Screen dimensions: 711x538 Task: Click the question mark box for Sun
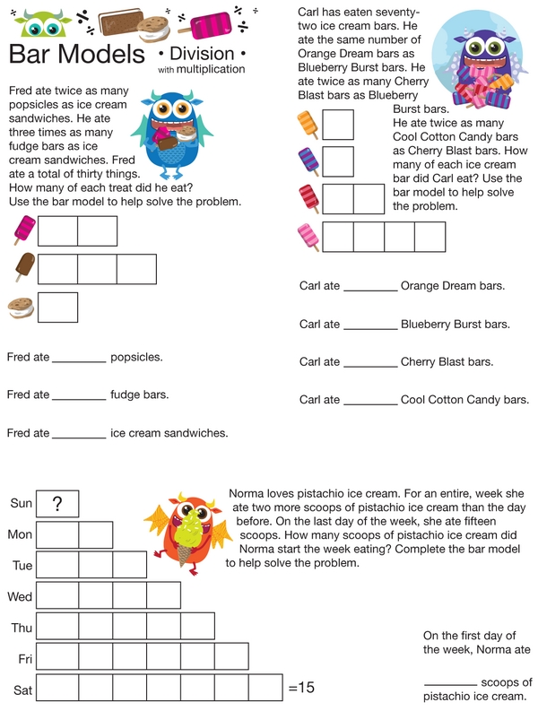tap(57, 504)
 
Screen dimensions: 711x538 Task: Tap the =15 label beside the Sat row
tap(302, 689)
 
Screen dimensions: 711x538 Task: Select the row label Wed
tap(20, 596)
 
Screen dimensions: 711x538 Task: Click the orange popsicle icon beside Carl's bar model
tap(308, 125)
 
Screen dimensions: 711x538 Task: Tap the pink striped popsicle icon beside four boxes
tap(308, 237)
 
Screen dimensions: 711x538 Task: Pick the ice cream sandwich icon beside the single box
tap(21, 308)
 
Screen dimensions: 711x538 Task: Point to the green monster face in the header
tap(36, 24)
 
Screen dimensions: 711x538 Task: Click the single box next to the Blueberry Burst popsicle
tap(338, 162)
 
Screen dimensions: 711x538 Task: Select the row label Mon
tap(21, 535)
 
